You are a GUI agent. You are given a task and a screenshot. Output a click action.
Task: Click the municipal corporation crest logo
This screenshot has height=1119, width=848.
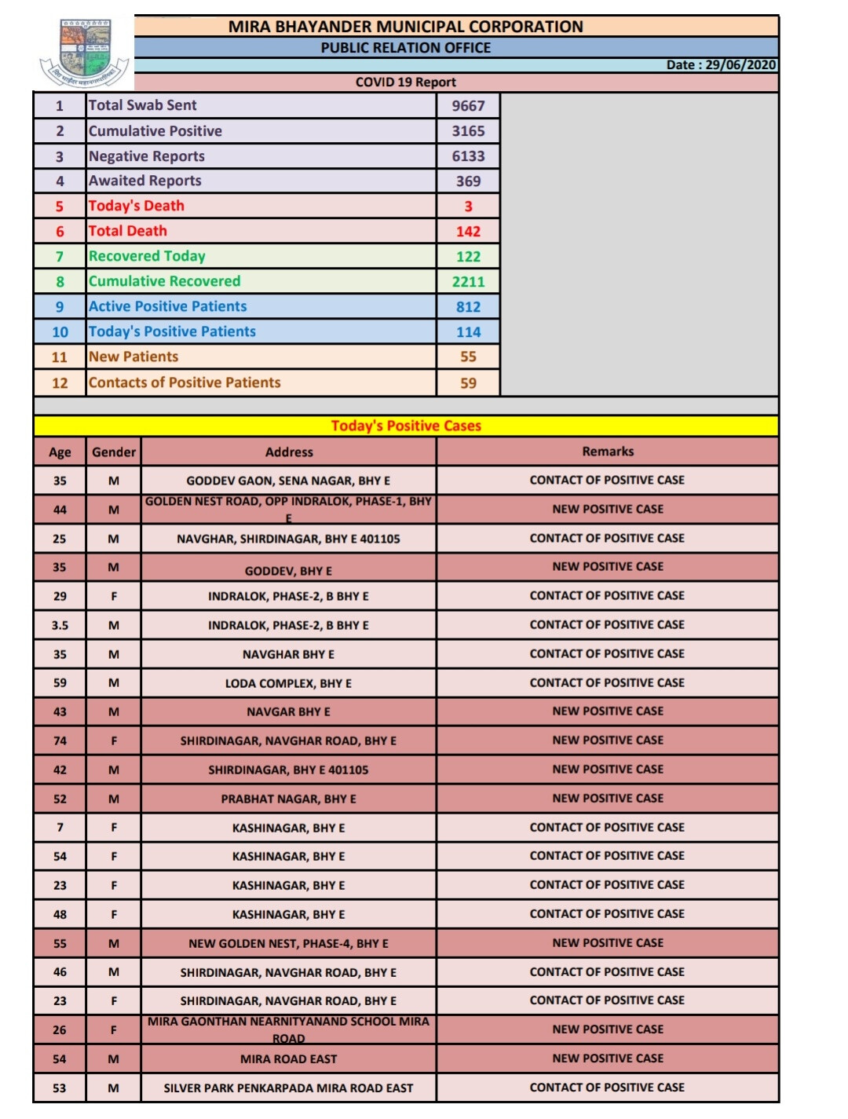point(85,53)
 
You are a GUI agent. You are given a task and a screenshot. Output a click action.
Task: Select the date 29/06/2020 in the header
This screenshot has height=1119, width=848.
point(740,64)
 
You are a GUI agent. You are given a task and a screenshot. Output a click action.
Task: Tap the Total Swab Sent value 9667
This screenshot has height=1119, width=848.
point(468,105)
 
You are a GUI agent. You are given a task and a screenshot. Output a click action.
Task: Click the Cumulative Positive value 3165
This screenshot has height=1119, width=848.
point(468,131)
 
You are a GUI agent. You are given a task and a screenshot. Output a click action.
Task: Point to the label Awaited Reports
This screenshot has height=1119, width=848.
point(145,181)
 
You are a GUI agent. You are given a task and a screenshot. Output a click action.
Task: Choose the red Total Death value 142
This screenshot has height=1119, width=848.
point(468,232)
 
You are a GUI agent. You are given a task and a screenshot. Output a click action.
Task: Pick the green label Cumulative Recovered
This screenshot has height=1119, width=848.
point(165,281)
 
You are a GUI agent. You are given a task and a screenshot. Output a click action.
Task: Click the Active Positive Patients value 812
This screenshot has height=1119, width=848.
point(468,307)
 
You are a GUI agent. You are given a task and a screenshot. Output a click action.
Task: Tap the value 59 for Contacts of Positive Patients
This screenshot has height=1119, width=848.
point(468,383)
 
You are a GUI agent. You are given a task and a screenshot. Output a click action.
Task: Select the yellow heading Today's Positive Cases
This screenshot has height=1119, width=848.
point(406,426)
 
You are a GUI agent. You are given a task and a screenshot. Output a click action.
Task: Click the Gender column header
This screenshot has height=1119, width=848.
point(114,452)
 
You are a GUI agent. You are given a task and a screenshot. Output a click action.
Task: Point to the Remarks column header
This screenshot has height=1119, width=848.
point(608,452)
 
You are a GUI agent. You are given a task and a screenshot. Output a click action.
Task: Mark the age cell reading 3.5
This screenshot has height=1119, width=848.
point(60,626)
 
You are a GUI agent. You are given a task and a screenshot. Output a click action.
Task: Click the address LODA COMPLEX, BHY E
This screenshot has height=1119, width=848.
point(288,684)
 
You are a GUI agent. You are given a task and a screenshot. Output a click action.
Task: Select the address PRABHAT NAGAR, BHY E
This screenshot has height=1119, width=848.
point(288,799)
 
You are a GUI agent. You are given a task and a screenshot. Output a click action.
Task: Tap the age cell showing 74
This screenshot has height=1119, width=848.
point(60,741)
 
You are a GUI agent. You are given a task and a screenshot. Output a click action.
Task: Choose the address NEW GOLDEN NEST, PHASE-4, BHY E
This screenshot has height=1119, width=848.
point(288,944)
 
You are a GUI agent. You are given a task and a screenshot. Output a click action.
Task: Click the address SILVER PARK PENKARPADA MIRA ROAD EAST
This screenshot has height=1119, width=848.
point(288,1088)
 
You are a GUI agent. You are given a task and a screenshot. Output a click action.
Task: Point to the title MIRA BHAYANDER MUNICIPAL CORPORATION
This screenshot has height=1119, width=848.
point(406,27)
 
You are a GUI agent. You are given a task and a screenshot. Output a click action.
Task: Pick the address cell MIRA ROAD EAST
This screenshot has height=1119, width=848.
point(288,1059)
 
